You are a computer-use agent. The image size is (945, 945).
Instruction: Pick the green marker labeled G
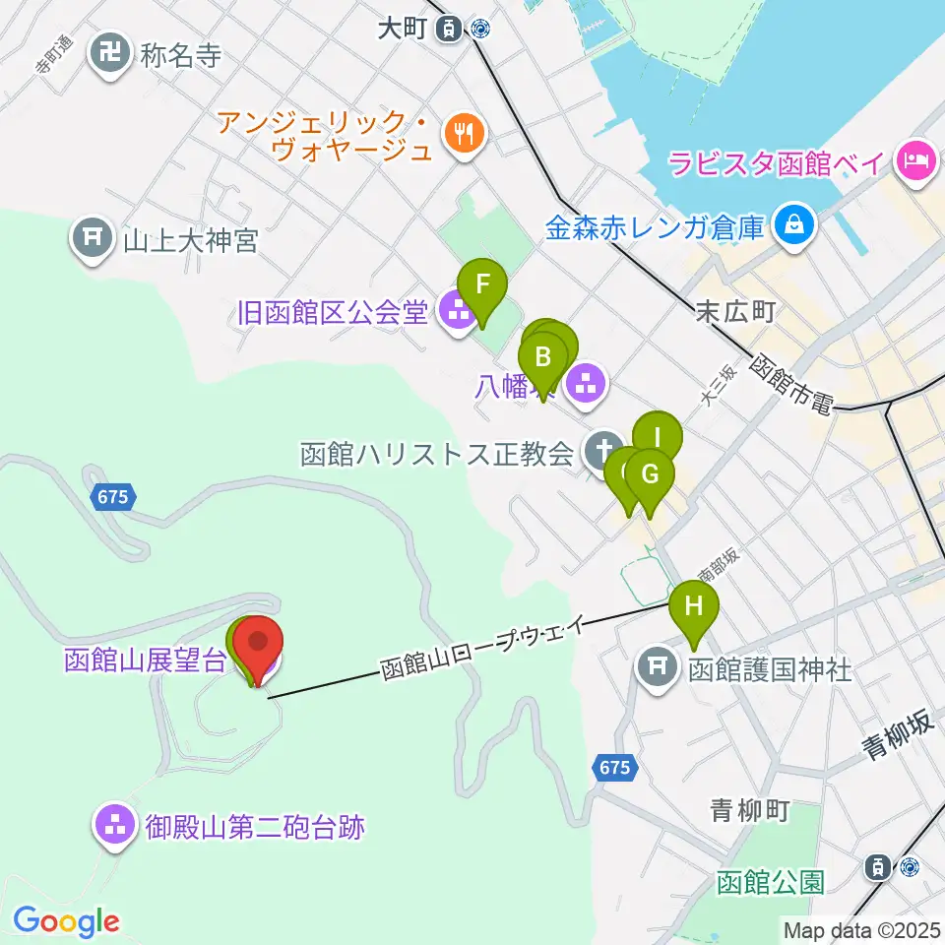pyautogui.click(x=650, y=475)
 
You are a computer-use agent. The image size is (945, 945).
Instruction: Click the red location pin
pyautogui.click(x=258, y=645)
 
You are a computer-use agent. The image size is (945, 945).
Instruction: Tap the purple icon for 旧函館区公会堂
pyautogui.click(x=456, y=313)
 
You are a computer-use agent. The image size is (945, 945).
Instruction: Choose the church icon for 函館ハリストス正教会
pyautogui.click(x=598, y=454)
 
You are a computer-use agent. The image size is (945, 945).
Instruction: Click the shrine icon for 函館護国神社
pyautogui.click(x=658, y=671)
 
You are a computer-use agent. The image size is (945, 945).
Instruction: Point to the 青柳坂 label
pyautogui.click(x=898, y=736)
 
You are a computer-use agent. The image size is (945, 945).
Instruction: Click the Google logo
pyautogui.click(x=66, y=921)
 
